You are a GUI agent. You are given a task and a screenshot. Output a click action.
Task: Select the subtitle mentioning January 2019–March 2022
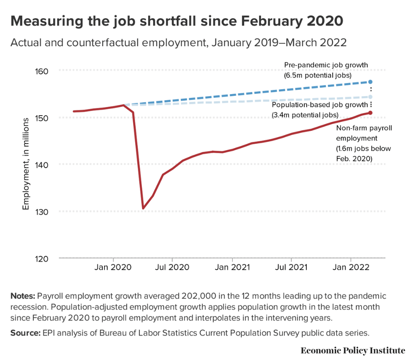pos(178,43)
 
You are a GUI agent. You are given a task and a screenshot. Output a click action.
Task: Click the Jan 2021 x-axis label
pos(232,268)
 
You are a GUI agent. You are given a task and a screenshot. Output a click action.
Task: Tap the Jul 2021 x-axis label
pos(291,268)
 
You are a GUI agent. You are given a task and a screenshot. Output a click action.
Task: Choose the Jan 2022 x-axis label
pos(351,268)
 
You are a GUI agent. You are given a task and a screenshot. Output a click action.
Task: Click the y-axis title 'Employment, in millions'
pos(26,164)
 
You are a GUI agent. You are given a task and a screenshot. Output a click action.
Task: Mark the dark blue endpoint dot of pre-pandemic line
pos(371,82)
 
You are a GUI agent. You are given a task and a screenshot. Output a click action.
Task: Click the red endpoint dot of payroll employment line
pos(371,113)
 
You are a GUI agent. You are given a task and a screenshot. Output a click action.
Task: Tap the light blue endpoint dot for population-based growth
pos(371,97)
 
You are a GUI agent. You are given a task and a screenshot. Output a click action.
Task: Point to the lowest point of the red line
pos(143,208)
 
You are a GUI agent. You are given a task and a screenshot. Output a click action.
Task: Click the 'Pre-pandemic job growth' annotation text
pos(326,65)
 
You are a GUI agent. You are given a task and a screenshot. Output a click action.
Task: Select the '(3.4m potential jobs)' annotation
pos(305,114)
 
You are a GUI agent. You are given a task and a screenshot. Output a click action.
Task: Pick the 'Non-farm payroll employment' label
pos(363,133)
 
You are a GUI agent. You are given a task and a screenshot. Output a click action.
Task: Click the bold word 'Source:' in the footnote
pos(24,333)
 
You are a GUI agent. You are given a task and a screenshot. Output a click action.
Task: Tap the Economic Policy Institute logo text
pos(353,351)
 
